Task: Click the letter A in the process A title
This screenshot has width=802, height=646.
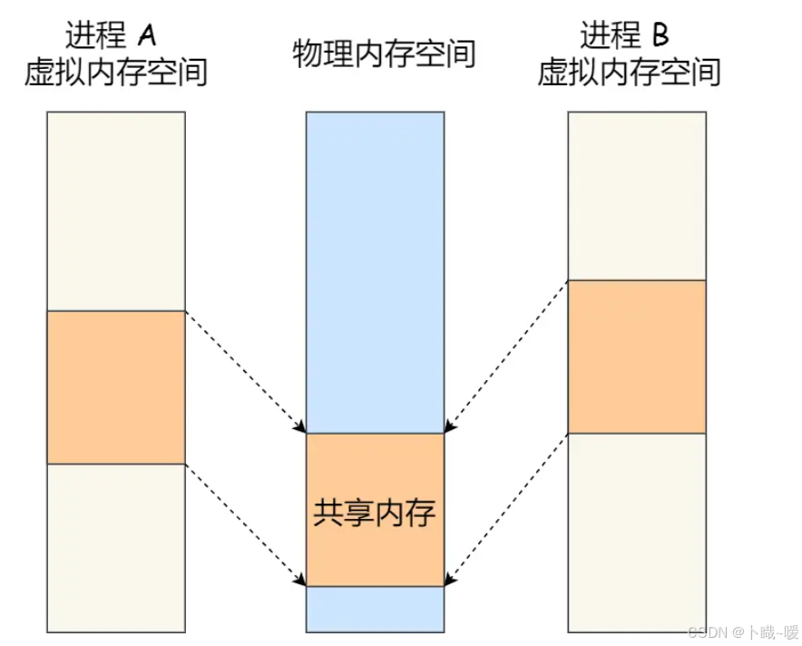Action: coord(146,35)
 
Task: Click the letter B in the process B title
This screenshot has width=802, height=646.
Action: coord(660,35)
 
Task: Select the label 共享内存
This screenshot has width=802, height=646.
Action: coord(375,514)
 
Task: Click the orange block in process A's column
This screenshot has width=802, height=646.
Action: coord(116,387)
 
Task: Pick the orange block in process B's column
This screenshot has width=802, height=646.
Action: coord(636,357)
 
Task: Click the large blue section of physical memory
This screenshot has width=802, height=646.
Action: coord(375,272)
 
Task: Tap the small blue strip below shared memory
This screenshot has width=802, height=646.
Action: coord(375,608)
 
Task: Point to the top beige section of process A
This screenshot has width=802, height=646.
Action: coord(116,210)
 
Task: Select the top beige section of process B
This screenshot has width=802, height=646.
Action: coord(636,195)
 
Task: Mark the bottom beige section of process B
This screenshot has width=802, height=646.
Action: coord(636,532)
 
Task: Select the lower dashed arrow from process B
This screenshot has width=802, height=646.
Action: coord(506,509)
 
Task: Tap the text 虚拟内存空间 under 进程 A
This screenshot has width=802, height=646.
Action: coord(116,73)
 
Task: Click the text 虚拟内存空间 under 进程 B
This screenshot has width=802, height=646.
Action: coord(630,73)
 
